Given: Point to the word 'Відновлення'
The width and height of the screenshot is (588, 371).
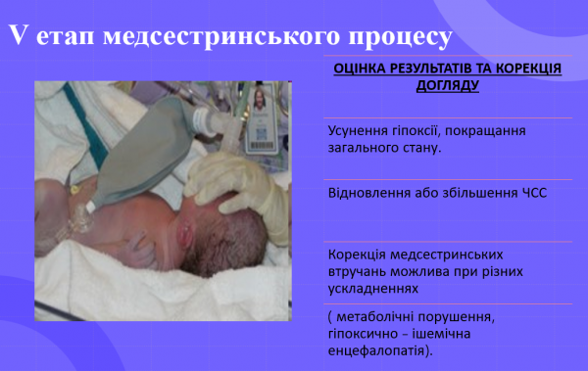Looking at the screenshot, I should pyautogui.click(x=368, y=193).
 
